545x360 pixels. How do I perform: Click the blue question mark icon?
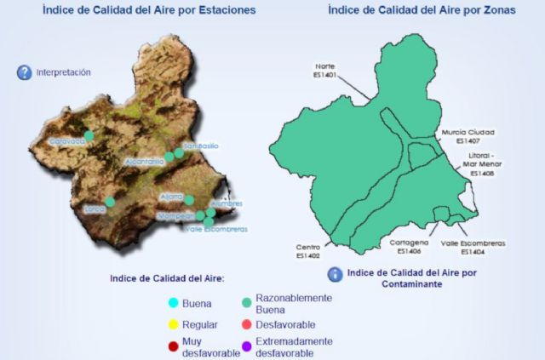(24, 73)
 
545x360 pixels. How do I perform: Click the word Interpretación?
(63, 73)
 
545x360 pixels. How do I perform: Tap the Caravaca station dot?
(89, 135)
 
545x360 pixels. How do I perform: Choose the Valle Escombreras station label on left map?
(216, 229)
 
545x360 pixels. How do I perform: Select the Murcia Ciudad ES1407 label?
(468, 136)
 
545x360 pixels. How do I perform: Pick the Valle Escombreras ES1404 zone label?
(473, 248)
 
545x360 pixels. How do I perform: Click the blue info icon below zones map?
(336, 274)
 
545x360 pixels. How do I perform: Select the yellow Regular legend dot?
(174, 324)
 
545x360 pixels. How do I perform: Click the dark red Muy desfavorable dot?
(174, 346)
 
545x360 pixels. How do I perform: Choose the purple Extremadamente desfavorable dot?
(246, 346)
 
